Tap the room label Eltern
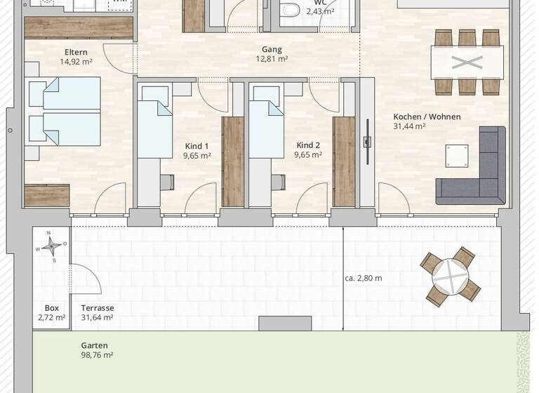[x=76, y=51]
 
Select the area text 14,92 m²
[x=76, y=61]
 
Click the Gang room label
[x=272, y=50]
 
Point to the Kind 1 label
[x=197, y=146]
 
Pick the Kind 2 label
[x=309, y=145]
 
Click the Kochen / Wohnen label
[x=427, y=116]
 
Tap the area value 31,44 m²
[x=410, y=126]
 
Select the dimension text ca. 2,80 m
[x=364, y=278]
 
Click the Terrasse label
[x=98, y=307]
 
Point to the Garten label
[x=95, y=345]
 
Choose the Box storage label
[x=51, y=307]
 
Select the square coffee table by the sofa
[x=457, y=154]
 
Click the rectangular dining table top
[x=467, y=62]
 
